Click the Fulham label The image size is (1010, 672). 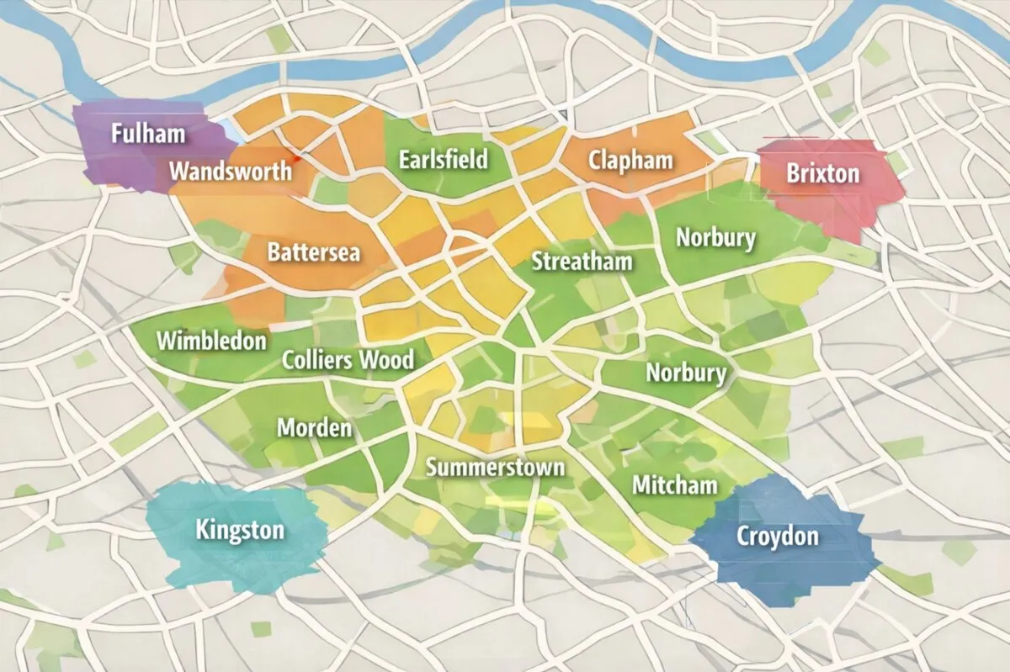pyautogui.click(x=148, y=133)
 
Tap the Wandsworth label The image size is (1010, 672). pyautogui.click(x=231, y=172)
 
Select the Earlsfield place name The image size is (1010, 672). pyautogui.click(x=444, y=159)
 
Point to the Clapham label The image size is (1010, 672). pyautogui.click(x=630, y=160)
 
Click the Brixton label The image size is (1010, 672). pyautogui.click(x=822, y=174)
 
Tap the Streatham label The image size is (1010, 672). pyautogui.click(x=582, y=262)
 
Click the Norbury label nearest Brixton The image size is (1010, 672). pyautogui.click(x=715, y=238)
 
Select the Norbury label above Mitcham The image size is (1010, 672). pyautogui.click(x=685, y=372)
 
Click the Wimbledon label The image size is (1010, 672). pyautogui.click(x=211, y=341)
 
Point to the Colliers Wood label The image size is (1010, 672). pyautogui.click(x=348, y=360)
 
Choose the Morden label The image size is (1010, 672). pyautogui.click(x=314, y=427)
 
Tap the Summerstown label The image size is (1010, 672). pyautogui.click(x=495, y=467)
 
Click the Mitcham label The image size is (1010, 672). pyautogui.click(x=674, y=484)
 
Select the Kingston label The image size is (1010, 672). pyautogui.click(x=240, y=530)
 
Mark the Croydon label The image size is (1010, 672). pyautogui.click(x=777, y=535)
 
